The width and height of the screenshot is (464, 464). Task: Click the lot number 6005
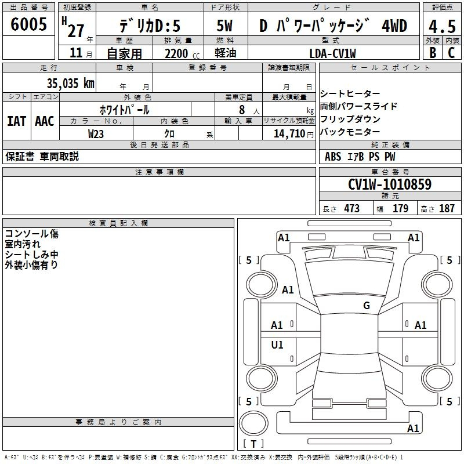pyautogui.click(x=28, y=24)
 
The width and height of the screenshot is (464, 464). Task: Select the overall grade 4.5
pyautogui.click(x=442, y=26)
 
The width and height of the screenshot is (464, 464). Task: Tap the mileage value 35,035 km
pyautogui.click(x=70, y=84)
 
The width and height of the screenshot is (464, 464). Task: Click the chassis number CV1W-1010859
pyautogui.click(x=390, y=184)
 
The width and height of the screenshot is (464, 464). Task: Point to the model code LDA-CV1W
pyautogui.click(x=332, y=53)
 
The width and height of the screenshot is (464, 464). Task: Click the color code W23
pyautogui.click(x=96, y=134)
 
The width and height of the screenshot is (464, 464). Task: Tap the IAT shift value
pyautogui.click(x=16, y=121)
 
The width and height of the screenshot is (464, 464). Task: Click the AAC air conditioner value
pyautogui.click(x=45, y=121)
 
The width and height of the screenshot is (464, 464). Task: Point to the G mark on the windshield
pyautogui.click(x=367, y=306)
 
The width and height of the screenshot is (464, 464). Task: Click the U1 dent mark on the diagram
pyautogui.click(x=277, y=345)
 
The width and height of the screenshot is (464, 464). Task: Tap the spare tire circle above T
pyautogui.click(x=253, y=423)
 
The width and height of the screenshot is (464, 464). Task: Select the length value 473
pyautogui.click(x=351, y=208)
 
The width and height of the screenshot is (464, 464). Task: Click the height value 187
pyautogui.click(x=447, y=208)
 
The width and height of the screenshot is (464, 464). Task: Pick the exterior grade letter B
pyautogui.click(x=433, y=53)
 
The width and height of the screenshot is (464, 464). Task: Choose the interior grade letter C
pyautogui.click(x=451, y=53)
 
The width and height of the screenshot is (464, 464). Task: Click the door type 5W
pyautogui.click(x=224, y=26)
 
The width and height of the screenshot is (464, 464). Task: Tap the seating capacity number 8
pyautogui.click(x=242, y=110)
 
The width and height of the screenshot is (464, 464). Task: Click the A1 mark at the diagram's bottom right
pyautogui.click(x=413, y=428)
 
